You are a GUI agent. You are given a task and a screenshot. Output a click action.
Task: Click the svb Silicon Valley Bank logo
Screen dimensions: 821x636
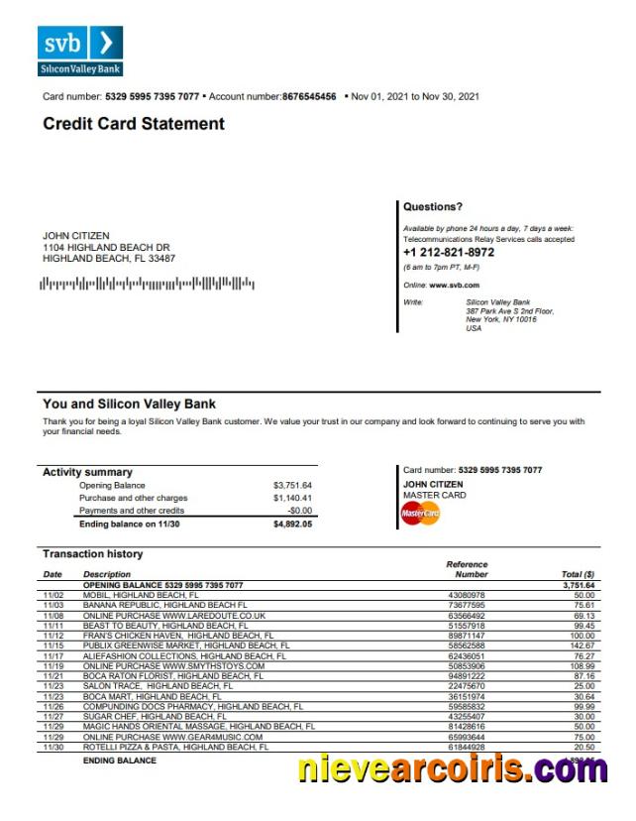81,51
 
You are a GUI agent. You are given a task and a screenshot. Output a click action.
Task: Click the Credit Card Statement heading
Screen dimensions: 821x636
134,124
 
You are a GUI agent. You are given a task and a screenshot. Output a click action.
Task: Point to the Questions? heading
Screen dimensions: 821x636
433,207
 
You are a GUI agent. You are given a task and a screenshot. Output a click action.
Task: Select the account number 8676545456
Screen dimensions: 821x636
309,96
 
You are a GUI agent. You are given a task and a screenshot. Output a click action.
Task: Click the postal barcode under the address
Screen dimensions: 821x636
147,285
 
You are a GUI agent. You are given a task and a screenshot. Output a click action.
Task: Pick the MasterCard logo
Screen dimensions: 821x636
420,514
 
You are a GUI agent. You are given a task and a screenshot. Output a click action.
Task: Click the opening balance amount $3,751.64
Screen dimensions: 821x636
292,485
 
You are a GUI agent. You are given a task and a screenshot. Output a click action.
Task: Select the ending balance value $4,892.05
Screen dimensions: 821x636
292,524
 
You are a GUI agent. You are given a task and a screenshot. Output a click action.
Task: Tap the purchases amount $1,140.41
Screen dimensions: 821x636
292,498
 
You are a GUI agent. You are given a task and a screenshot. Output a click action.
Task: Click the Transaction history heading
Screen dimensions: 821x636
92,554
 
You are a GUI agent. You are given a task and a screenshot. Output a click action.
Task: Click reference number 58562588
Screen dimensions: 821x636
468,645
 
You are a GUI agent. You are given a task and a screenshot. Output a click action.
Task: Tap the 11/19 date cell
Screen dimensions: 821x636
53,666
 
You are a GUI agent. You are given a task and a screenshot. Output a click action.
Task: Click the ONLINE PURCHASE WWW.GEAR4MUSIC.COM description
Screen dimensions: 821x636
172,738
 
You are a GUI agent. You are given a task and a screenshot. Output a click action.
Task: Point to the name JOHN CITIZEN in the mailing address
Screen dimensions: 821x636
76,235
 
